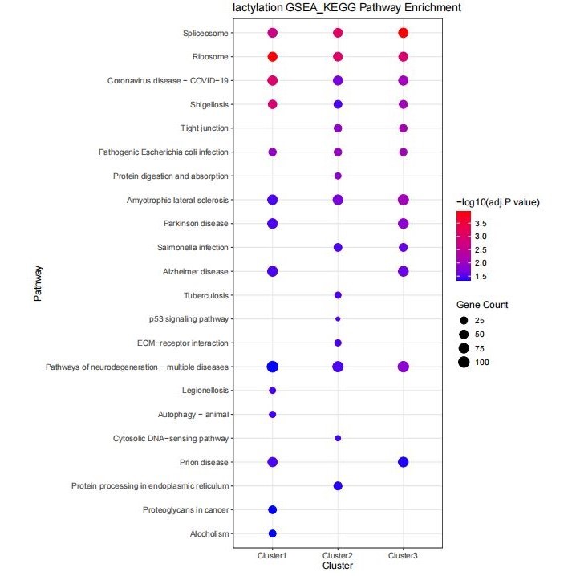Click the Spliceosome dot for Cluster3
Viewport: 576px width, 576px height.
pyautogui.click(x=404, y=33)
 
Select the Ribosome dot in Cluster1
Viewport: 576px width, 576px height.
pyautogui.click(x=272, y=57)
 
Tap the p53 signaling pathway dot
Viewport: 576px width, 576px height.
pyautogui.click(x=338, y=319)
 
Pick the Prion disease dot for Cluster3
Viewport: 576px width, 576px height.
pyautogui.click(x=404, y=462)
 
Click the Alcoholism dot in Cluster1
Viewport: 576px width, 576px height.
pyautogui.click(x=272, y=533)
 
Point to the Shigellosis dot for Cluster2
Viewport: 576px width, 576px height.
pyautogui.click(x=338, y=104)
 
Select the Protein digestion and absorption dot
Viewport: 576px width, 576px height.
pyautogui.click(x=338, y=176)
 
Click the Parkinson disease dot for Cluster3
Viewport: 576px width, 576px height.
pyautogui.click(x=404, y=224)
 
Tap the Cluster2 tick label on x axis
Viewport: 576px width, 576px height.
pyautogui.click(x=338, y=555)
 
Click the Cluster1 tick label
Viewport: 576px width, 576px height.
pyautogui.click(x=272, y=555)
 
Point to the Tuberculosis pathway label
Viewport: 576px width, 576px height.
pyautogui.click(x=206, y=296)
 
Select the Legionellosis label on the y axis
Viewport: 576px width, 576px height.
pyautogui.click(x=205, y=391)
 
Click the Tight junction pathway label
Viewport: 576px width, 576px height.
pyautogui.click(x=205, y=128)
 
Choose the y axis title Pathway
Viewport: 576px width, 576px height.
pyautogui.click(x=37, y=285)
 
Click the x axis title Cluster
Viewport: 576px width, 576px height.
pyautogui.click(x=338, y=566)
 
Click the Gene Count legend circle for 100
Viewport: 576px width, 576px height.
pyautogui.click(x=464, y=363)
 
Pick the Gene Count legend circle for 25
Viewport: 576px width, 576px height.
pyautogui.click(x=464, y=320)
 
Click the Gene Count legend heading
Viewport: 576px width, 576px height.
pyautogui.click(x=482, y=305)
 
